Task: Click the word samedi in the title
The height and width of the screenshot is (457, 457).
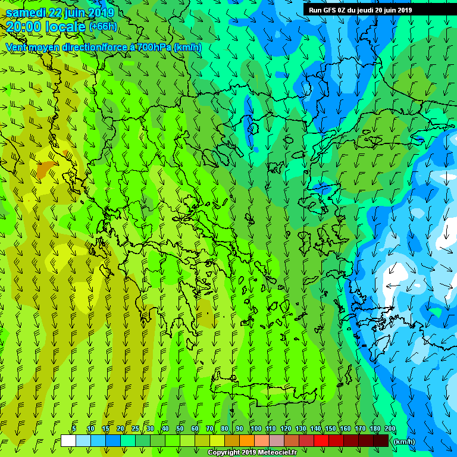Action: point(27,12)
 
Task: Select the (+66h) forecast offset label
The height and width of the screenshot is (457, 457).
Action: point(103,27)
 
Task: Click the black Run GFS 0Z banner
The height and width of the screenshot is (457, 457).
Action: point(360,10)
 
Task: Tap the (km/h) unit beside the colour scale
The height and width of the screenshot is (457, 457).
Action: point(404,442)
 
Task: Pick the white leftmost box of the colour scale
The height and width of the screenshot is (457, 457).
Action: point(68,441)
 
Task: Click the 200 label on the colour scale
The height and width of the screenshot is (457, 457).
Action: point(390,428)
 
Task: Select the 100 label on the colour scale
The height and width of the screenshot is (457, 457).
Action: point(256,428)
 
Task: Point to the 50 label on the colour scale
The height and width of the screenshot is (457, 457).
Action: point(180,428)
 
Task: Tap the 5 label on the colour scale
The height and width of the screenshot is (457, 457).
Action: point(74,428)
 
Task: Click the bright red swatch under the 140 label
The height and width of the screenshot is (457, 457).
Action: point(321,441)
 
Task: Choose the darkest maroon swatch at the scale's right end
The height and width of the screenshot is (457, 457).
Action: point(381,441)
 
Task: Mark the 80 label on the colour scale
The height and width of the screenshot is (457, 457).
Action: point(225,428)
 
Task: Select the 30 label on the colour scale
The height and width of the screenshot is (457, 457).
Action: point(150,428)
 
